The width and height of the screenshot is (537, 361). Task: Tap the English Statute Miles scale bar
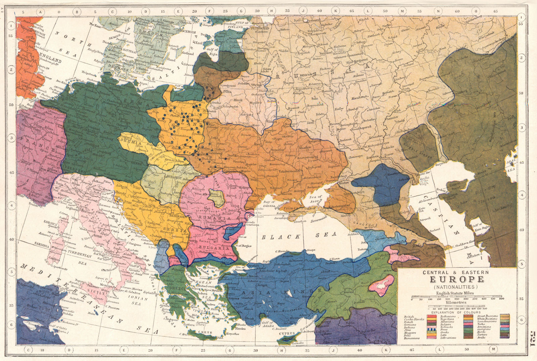(456, 297)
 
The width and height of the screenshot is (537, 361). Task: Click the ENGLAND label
(51, 61)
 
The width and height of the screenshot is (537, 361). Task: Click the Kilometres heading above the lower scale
(455, 302)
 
